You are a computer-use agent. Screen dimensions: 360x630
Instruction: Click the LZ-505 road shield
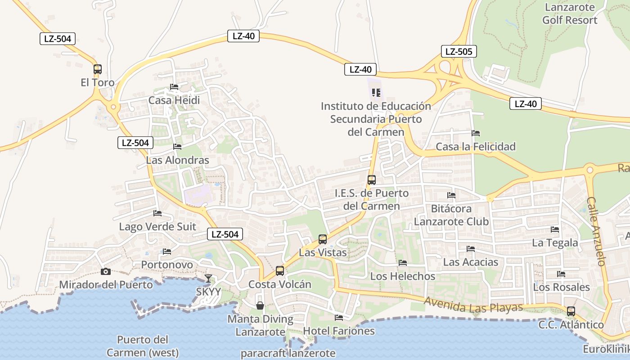pyautogui.click(x=459, y=51)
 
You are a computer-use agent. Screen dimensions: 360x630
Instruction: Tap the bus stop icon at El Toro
pyautogui.click(x=98, y=69)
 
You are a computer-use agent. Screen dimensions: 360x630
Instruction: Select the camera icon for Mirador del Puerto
pyautogui.click(x=106, y=271)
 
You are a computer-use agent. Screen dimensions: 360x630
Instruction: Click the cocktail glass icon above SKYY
pyautogui.click(x=208, y=279)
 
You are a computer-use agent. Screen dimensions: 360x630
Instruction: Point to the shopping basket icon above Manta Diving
pyautogui.click(x=260, y=306)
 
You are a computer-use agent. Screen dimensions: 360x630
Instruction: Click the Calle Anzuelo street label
pyautogui.click(x=597, y=231)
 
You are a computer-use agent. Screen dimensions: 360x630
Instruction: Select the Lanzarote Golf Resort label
pyautogui.click(x=570, y=13)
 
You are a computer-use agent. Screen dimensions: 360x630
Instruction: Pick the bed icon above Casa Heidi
pyautogui.click(x=174, y=87)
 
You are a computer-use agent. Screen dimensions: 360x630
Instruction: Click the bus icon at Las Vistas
pyautogui.click(x=323, y=239)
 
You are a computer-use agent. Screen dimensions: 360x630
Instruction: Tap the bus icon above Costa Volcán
pyautogui.click(x=280, y=271)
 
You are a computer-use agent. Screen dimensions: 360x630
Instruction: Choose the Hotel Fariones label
pyautogui.click(x=339, y=331)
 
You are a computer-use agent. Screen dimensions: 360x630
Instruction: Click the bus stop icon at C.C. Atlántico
pyautogui.click(x=571, y=311)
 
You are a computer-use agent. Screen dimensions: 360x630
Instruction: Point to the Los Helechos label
pyautogui.click(x=403, y=276)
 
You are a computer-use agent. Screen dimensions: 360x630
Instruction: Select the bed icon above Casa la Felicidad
pyautogui.click(x=476, y=133)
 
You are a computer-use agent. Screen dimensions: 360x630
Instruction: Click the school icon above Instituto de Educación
pyautogui.click(x=376, y=93)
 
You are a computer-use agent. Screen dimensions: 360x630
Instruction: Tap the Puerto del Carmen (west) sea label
pyautogui.click(x=142, y=346)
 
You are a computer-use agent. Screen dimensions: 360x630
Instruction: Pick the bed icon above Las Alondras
pyautogui.click(x=177, y=147)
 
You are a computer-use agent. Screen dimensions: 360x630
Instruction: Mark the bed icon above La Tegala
pyautogui.click(x=555, y=229)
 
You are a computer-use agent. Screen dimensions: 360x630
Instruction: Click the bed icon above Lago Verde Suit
pyautogui.click(x=157, y=213)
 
